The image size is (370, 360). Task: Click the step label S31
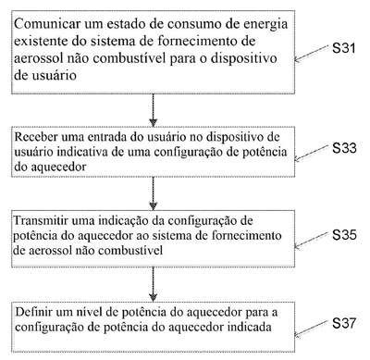click(x=344, y=48)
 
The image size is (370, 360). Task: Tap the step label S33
click(x=344, y=148)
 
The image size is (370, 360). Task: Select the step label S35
click(x=344, y=235)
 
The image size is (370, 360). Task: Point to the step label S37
click(x=344, y=323)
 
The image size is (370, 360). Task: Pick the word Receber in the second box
click(x=36, y=137)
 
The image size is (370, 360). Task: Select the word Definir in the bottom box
click(x=34, y=312)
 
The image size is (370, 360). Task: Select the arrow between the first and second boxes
click(x=153, y=110)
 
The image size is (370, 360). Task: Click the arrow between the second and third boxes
click(x=153, y=193)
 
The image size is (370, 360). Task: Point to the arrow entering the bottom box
click(x=153, y=284)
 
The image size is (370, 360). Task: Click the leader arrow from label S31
click(x=311, y=53)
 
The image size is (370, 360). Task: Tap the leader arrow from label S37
click(x=311, y=329)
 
